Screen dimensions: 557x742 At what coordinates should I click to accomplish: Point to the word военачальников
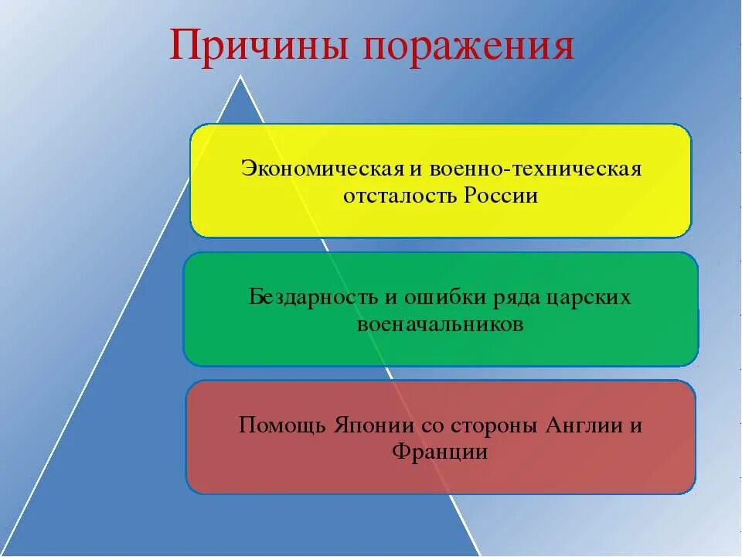(441, 324)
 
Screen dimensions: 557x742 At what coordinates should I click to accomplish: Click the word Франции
(441, 451)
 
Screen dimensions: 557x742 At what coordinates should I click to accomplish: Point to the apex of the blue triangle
(240, 77)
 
